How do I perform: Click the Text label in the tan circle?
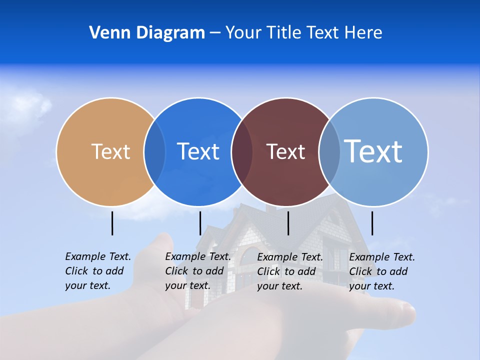(x=110, y=151)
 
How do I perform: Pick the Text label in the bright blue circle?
(x=198, y=151)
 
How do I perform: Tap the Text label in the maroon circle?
(x=285, y=151)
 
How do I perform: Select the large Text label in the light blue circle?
(x=373, y=151)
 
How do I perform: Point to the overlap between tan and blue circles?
(x=154, y=152)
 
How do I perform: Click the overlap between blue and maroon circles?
(x=242, y=152)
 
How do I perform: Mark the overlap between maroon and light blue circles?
(x=329, y=152)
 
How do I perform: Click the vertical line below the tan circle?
(x=112, y=223)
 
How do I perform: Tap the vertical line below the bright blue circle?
(x=200, y=223)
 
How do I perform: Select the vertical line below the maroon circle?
(x=288, y=223)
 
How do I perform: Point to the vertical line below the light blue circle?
(x=372, y=223)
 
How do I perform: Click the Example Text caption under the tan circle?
(x=97, y=271)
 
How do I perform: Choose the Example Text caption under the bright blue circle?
(x=197, y=271)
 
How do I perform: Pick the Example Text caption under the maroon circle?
(x=289, y=271)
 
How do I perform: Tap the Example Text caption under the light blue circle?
(x=381, y=271)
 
